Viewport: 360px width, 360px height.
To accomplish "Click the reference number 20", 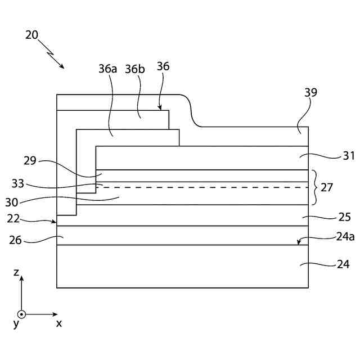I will pos(31,35).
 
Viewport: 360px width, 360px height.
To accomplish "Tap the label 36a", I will pos(107,69).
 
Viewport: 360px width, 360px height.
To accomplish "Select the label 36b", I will pos(135,69).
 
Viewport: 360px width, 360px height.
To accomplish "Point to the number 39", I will pos(310,93).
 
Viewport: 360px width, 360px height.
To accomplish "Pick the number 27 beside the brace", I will pos(327,187).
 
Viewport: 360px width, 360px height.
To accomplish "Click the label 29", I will pos(30,160).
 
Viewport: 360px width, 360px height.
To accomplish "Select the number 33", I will pos(17,182).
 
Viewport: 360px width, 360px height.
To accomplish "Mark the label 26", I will pos(15,240).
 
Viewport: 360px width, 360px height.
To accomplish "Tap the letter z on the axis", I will pos(17,273).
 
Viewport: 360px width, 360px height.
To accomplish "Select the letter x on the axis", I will pos(58,323).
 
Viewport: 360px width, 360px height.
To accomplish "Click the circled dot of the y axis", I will pos(21,314).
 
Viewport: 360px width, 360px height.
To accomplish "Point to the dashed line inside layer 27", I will pos(202,187).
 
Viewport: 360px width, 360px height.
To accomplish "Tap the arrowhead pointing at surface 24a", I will pos(300,242).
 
